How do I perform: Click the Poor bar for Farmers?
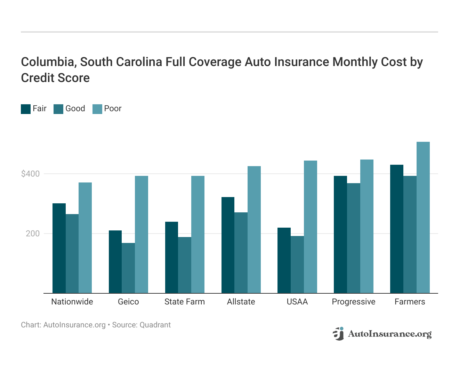(x=423, y=218)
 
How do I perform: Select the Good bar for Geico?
(x=128, y=268)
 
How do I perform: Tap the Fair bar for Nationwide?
(x=59, y=248)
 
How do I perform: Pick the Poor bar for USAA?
(x=311, y=227)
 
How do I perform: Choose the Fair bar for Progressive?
(x=340, y=235)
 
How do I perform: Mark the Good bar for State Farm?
(x=185, y=265)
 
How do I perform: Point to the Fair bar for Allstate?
(x=228, y=245)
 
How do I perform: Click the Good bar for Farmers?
(x=410, y=235)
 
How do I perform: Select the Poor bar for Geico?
(x=142, y=235)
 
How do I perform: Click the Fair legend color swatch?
(x=26, y=109)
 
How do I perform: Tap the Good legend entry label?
(x=75, y=108)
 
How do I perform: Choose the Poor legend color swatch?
(x=97, y=109)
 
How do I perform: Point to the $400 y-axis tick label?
(x=30, y=174)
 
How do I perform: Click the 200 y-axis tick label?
(x=33, y=234)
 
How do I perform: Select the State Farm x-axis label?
(x=185, y=302)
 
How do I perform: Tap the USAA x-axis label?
(x=297, y=302)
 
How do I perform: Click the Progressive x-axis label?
(x=354, y=302)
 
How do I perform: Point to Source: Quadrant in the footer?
(x=141, y=325)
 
